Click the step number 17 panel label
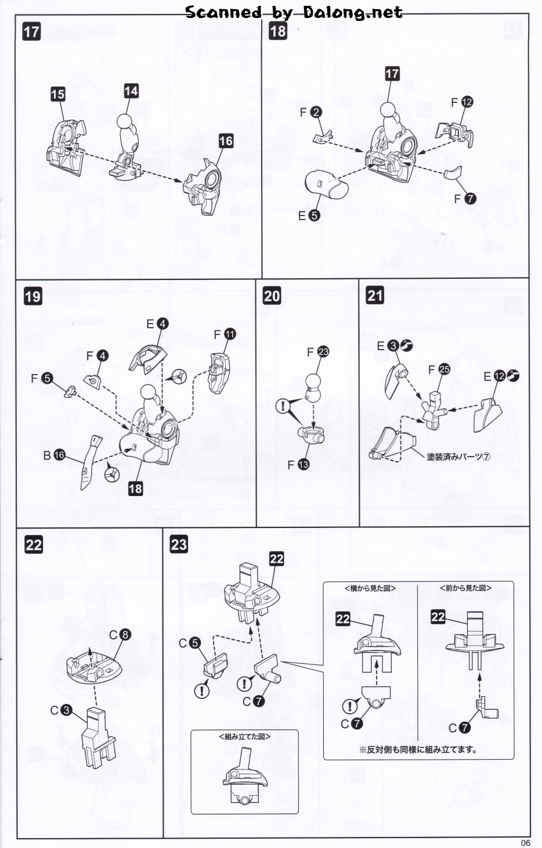pyautogui.click(x=31, y=31)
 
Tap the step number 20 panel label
pyautogui.click(x=272, y=296)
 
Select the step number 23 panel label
pyautogui.click(x=179, y=544)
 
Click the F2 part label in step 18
pyautogui.click(x=310, y=112)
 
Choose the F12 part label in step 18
pyautogui.click(x=462, y=102)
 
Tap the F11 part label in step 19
pyautogui.click(x=225, y=335)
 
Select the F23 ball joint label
pyautogui.click(x=318, y=352)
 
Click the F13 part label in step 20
pyautogui.click(x=298, y=465)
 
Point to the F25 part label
pyautogui.click(x=439, y=369)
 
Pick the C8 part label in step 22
pyautogui.click(x=120, y=635)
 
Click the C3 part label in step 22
pyautogui.click(x=61, y=710)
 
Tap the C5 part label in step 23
pyautogui.click(x=189, y=643)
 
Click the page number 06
pyautogui.click(x=526, y=843)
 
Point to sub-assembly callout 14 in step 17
pyautogui.click(x=131, y=91)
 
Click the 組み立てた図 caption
pyautogui.click(x=244, y=736)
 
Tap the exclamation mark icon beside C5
pyautogui.click(x=202, y=691)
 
